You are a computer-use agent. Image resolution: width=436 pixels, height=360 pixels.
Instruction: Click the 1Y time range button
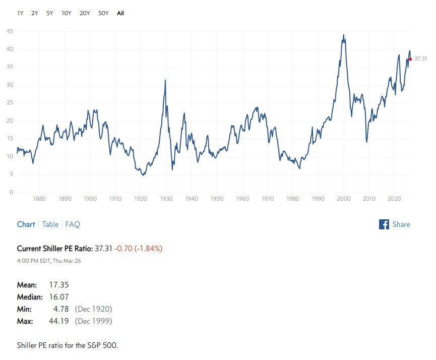[20, 13]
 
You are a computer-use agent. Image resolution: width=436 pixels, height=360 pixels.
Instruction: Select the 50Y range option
[103, 13]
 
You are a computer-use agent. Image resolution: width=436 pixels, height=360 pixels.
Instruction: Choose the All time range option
[120, 13]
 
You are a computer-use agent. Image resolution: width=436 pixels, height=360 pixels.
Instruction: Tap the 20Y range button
[85, 13]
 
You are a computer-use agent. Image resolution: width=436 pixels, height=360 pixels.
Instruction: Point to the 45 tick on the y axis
[10, 32]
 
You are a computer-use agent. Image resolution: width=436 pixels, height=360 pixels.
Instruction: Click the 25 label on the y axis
[10, 103]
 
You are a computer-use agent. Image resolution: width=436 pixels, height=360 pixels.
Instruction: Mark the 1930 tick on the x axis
[166, 199]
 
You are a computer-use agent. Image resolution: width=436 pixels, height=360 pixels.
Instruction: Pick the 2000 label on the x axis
[343, 199]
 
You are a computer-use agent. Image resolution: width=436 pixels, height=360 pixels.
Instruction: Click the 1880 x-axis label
[39, 199]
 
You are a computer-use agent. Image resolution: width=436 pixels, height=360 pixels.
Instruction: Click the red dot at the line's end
[410, 59]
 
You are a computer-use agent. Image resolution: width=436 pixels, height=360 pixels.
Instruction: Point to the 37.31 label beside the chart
[421, 59]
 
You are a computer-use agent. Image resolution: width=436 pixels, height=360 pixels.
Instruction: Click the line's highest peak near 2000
[343, 35]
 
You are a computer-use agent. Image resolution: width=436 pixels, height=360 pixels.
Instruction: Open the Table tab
[50, 224]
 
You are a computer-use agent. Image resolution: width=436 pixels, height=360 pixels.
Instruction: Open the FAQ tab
[73, 224]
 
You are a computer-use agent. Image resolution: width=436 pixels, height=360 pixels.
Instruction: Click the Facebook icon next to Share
[384, 224]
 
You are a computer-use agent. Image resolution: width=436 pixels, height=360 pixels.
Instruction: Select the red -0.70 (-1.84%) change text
[138, 249]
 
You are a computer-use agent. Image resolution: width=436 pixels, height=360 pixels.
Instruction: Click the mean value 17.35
[59, 285]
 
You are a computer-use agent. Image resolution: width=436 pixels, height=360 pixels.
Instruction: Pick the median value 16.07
[59, 297]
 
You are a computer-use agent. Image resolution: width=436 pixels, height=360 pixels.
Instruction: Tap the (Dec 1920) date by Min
[93, 309]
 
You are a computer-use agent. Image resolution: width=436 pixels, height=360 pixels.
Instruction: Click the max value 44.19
[59, 321]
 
